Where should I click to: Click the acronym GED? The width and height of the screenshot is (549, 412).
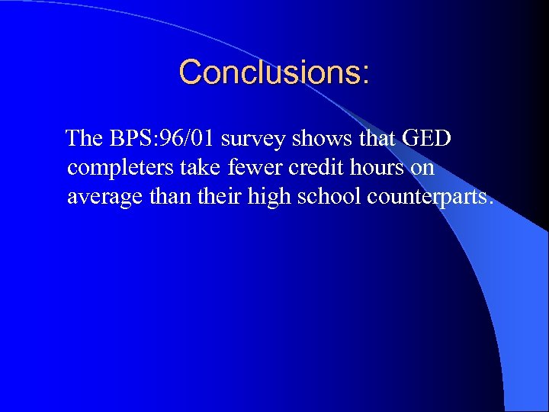(426, 139)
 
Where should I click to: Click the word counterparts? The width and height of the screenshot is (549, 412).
(429, 198)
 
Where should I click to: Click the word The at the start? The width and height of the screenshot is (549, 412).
(84, 139)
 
